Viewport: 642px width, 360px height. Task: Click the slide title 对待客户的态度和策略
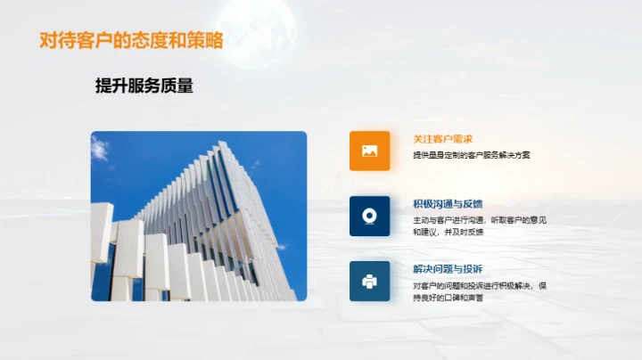[x=131, y=41]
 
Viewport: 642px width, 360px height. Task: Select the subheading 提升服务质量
[x=144, y=86]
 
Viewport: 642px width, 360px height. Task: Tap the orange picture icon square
[x=369, y=151]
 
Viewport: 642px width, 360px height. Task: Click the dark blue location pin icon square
[x=369, y=216]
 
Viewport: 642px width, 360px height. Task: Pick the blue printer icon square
[x=369, y=281]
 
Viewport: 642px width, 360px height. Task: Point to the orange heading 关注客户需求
[x=442, y=139]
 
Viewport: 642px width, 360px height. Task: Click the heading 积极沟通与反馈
[x=448, y=204]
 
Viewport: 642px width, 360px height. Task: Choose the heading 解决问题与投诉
[x=448, y=269]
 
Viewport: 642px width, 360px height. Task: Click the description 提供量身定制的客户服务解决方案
[x=472, y=154]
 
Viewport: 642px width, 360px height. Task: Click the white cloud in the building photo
[x=101, y=148]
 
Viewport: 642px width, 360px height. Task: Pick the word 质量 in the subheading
[x=177, y=86]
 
